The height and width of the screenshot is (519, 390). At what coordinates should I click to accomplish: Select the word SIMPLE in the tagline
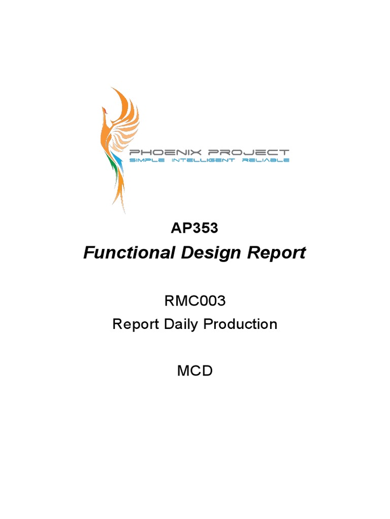click(x=148, y=160)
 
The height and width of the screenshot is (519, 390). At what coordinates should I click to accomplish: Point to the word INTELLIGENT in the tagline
click(x=202, y=160)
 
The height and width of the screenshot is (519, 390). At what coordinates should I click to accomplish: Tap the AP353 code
click(x=194, y=228)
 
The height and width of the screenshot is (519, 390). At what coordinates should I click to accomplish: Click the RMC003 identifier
click(x=194, y=301)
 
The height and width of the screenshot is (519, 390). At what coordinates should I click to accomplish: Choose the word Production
click(x=241, y=324)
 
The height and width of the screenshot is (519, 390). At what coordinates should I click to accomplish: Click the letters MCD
click(x=194, y=370)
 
